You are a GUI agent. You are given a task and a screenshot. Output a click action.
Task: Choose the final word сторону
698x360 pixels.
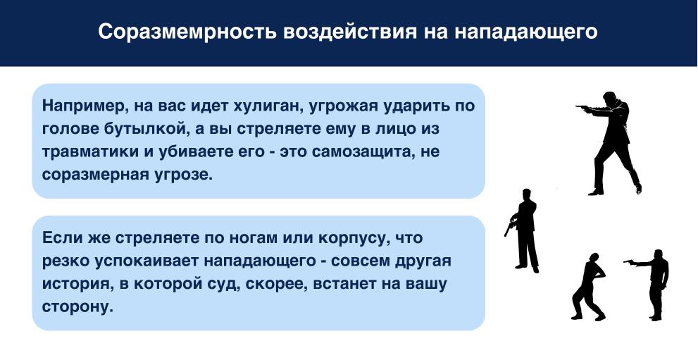[x=77, y=307]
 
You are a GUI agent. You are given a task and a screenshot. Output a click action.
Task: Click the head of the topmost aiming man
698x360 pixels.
[x=611, y=98]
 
